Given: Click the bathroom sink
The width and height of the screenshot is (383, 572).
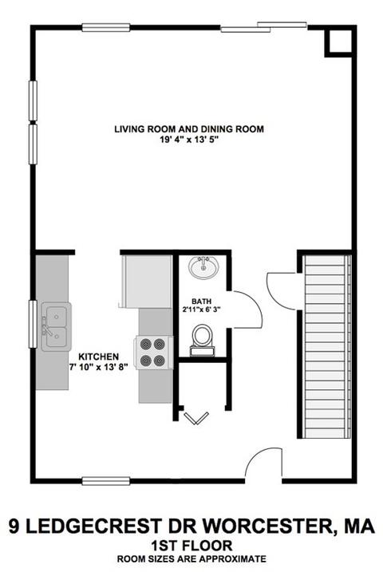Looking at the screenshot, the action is click(x=203, y=267).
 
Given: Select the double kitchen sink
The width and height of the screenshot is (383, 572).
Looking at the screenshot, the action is click(x=56, y=326).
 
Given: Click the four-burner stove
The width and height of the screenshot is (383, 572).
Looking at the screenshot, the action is click(x=153, y=353).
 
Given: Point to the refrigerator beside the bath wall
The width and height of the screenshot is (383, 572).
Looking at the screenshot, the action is click(x=148, y=282).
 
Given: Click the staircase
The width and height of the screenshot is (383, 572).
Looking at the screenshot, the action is click(x=326, y=346).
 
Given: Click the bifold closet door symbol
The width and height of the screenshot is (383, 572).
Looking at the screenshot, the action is click(x=196, y=418).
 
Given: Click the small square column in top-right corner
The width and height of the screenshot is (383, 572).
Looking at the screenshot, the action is click(x=338, y=41).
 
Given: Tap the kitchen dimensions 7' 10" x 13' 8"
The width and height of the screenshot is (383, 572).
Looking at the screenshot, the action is click(x=98, y=367).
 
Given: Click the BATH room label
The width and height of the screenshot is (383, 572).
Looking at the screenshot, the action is click(x=201, y=302).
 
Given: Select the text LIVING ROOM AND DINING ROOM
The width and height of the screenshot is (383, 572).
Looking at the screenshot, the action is click(x=189, y=129).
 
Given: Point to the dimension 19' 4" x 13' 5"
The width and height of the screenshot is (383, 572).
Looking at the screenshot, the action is click(x=189, y=140).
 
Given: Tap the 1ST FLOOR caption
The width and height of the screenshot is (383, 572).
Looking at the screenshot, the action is click(x=191, y=546).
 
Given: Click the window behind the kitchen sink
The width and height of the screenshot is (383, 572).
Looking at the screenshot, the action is click(x=33, y=324).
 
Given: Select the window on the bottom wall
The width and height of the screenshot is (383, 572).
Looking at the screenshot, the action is click(x=106, y=481).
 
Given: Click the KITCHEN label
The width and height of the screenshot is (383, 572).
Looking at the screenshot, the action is click(x=98, y=357).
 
